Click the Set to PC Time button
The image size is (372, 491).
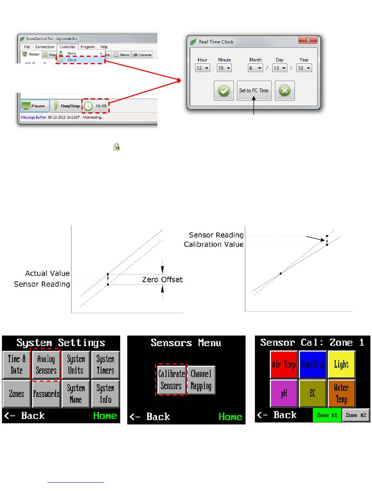pyautogui.click(x=254, y=90)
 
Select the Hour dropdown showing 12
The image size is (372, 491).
pyautogui.click(x=203, y=68)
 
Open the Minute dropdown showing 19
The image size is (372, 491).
pyautogui.click(x=224, y=68)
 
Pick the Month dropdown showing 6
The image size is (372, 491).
pyautogui.click(x=255, y=68)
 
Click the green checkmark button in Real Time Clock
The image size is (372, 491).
pyautogui.click(x=224, y=90)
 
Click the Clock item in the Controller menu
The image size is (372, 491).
pyautogui.click(x=80, y=60)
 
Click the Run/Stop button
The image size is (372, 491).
pyautogui.click(x=65, y=106)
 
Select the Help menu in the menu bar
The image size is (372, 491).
pyautogui.click(x=104, y=47)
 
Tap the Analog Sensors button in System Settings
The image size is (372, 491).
pyautogui.click(x=46, y=364)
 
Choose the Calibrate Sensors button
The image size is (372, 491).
pyautogui.click(x=172, y=380)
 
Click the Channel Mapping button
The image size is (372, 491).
pyautogui.click(x=201, y=380)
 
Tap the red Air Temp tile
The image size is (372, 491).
pyautogui.click(x=284, y=365)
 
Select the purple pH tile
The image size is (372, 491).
pyautogui.click(x=284, y=393)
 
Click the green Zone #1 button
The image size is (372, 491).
pyautogui.click(x=327, y=415)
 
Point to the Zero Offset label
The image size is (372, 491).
pyautogui.click(x=162, y=280)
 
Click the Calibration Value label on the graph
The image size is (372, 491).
pyautogui.click(x=214, y=244)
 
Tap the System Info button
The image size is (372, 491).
pyautogui.click(x=105, y=393)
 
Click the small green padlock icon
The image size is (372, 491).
pyautogui.click(x=116, y=147)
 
